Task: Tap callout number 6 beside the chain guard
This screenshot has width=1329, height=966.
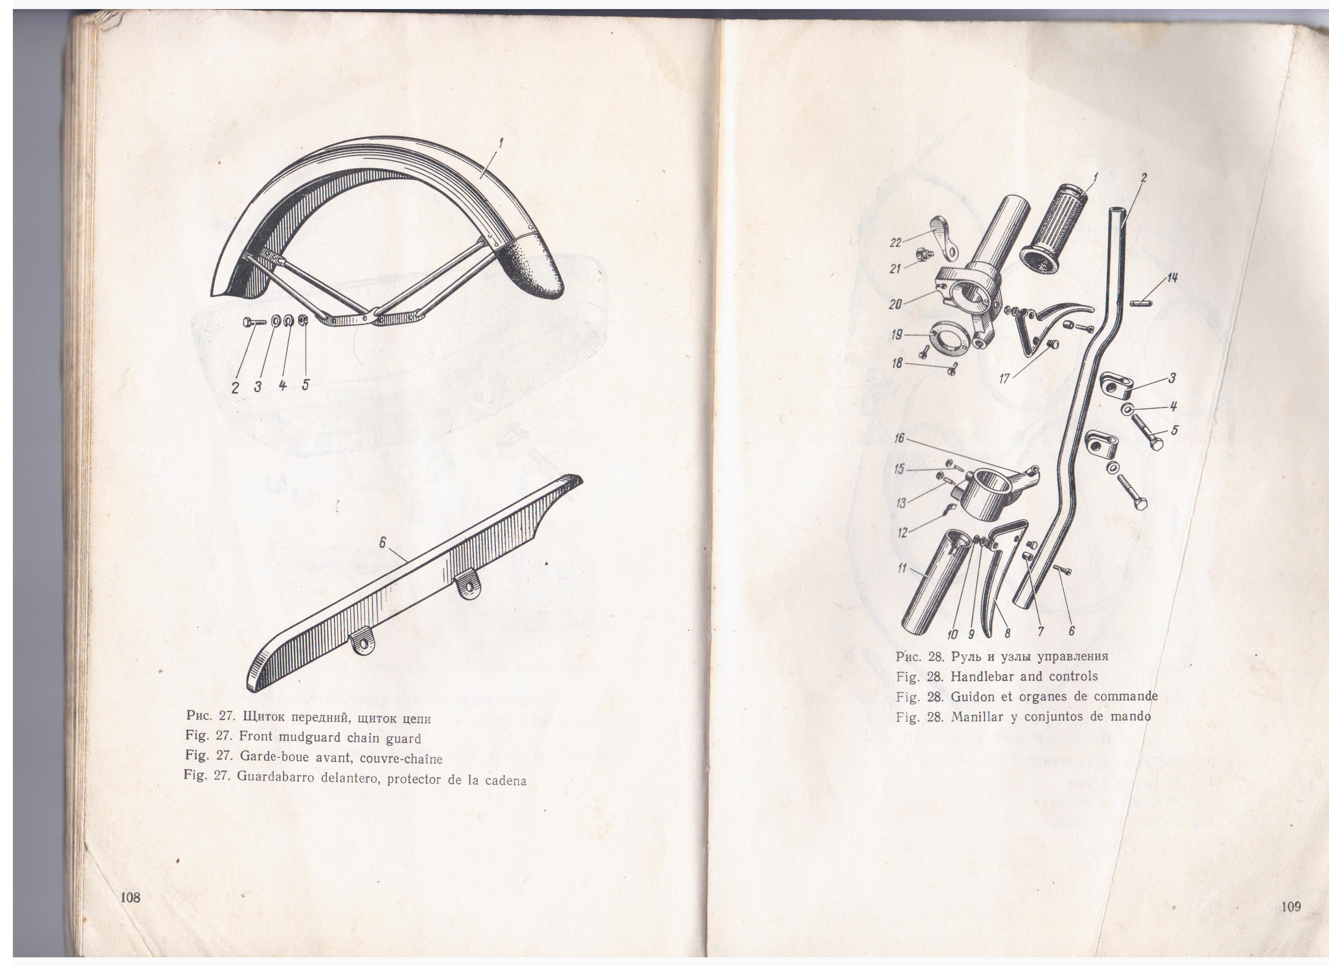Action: (382, 543)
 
